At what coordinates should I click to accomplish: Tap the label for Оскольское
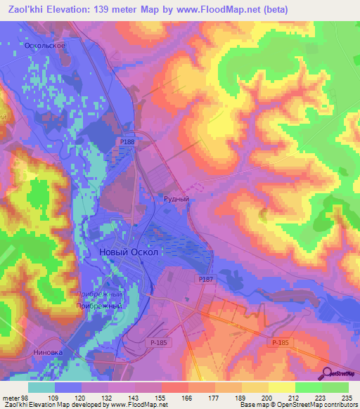pos(45,45)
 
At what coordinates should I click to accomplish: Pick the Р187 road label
pos(205,280)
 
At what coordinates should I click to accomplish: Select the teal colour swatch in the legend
pos(41,387)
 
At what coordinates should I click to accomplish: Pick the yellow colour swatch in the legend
pos(282,387)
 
